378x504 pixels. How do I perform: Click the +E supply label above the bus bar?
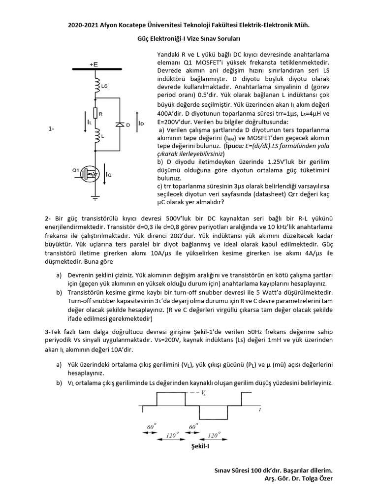click(x=94, y=64)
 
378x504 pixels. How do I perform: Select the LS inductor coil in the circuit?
click(x=96, y=86)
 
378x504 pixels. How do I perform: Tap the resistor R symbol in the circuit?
click(x=96, y=114)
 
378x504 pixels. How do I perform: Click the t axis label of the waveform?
click(x=259, y=409)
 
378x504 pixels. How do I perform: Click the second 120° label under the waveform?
click(x=213, y=435)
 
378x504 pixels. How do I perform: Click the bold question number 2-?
click(x=47, y=218)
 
